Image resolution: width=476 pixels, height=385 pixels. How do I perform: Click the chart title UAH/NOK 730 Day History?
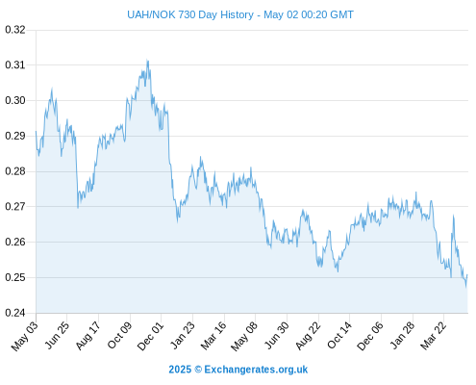(x=190, y=14)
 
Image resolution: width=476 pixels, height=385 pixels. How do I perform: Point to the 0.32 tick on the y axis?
(x=15, y=30)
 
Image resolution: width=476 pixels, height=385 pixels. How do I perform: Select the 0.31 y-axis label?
(x=15, y=65)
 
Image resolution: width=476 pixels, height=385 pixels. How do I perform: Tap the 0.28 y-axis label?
(x=15, y=171)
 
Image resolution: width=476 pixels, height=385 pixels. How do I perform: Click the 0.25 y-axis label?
(x=15, y=277)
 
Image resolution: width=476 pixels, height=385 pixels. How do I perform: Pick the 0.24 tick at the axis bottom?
(x=15, y=313)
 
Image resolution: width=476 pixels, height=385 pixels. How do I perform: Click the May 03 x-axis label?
(x=25, y=335)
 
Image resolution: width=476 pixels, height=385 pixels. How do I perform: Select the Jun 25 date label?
(x=57, y=335)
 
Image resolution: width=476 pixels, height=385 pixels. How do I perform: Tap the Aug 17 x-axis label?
(x=88, y=335)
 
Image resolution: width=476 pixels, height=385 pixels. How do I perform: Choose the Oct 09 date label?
(x=119, y=335)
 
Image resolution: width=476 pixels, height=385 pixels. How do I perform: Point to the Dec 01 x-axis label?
(x=150, y=335)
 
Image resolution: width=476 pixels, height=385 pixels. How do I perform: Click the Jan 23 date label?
(x=182, y=335)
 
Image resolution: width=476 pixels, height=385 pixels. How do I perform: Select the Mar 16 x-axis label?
(x=213, y=335)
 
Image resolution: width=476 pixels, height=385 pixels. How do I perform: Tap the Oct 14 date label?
(x=339, y=335)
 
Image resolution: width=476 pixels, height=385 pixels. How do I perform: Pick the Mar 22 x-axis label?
(x=434, y=335)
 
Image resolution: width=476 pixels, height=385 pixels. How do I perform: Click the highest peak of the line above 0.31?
(x=147, y=61)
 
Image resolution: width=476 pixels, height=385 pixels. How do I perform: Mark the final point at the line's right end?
(x=467, y=275)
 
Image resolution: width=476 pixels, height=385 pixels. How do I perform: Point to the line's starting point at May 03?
(x=36, y=131)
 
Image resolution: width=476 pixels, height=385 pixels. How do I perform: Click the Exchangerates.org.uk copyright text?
(x=238, y=370)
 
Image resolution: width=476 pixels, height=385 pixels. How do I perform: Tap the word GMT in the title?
(x=341, y=14)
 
